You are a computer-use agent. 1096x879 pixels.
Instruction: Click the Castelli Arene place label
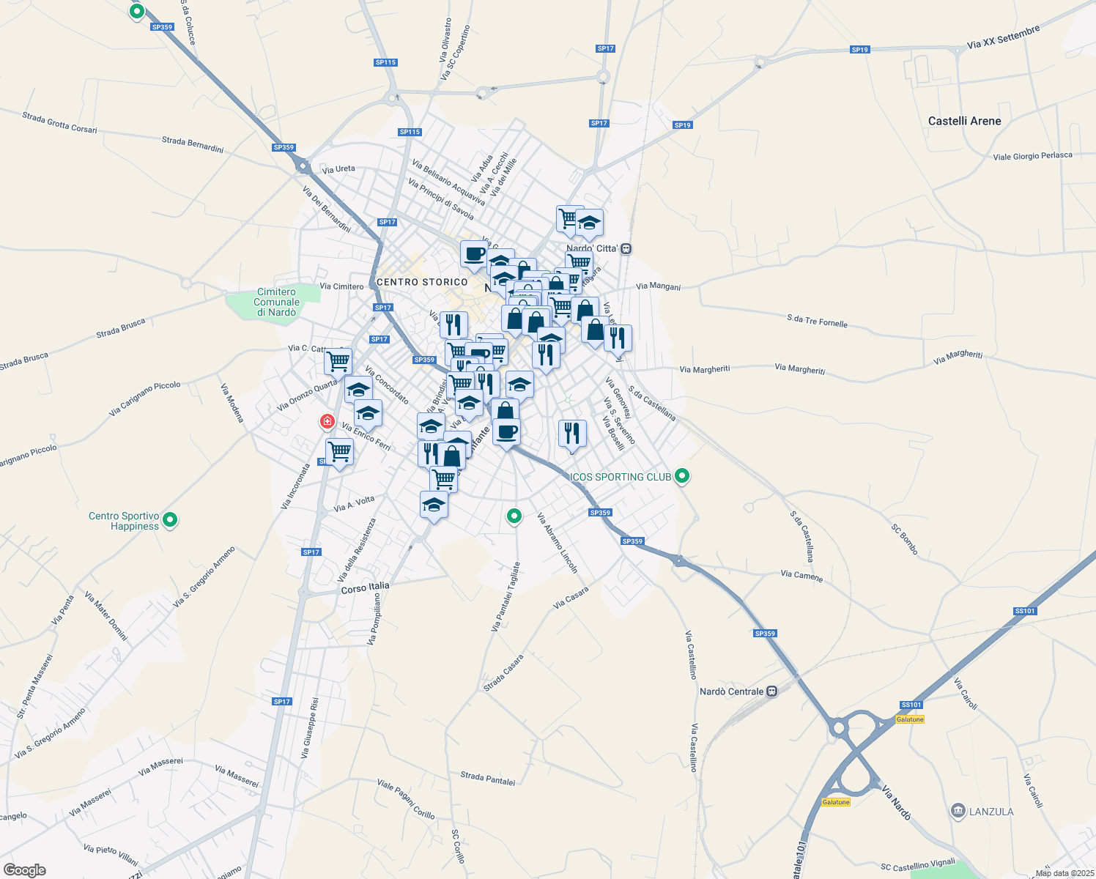point(964,121)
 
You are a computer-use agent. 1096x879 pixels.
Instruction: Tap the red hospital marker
point(327,421)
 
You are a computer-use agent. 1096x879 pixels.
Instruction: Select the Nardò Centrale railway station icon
point(771,691)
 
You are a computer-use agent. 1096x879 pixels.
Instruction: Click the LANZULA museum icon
point(958,811)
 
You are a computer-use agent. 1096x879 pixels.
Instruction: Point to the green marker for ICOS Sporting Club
point(682,476)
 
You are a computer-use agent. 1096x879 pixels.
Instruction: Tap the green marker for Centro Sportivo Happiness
point(170,520)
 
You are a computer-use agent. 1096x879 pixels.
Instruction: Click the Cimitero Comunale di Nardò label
point(276,303)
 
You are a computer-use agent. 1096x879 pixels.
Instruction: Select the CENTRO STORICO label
point(422,282)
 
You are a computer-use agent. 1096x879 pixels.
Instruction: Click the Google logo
point(25,870)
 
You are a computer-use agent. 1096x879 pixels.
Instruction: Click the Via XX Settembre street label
point(1003,37)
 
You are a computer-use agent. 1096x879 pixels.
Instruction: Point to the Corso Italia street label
point(366,587)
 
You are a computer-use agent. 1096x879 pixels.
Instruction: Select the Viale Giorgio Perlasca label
point(1032,156)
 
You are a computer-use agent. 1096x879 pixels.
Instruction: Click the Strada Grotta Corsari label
point(59,122)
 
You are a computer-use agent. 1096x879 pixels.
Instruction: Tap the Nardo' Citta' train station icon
point(626,248)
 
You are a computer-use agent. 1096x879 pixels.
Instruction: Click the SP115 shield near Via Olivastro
point(385,62)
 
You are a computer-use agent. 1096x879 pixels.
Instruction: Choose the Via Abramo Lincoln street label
point(558,543)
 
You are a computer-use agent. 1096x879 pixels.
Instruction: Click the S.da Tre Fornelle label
point(817,321)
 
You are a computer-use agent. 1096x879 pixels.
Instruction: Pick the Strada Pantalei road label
point(487,778)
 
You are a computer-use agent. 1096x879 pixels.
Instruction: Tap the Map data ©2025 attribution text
point(1064,873)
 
